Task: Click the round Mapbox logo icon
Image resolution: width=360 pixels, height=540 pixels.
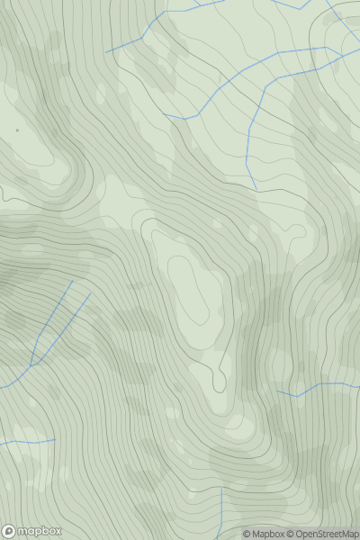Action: click(9, 531)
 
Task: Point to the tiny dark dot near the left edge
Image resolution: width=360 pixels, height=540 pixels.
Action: click(16, 130)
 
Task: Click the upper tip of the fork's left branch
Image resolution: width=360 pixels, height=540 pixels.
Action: click(71, 281)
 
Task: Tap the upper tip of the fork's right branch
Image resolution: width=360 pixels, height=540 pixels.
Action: click(91, 292)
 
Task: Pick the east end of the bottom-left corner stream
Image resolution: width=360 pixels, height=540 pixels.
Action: click(56, 439)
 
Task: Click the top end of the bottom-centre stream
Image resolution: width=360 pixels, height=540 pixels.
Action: click(221, 490)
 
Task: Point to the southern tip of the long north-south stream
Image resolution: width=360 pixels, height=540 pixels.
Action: click(256, 189)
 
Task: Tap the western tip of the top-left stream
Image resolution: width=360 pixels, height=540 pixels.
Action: click(105, 51)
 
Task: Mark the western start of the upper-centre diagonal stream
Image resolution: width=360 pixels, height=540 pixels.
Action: click(165, 114)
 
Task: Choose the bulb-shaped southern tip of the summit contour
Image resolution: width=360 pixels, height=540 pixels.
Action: click(219, 382)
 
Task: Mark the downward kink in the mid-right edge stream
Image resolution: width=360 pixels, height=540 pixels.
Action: click(297, 395)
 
